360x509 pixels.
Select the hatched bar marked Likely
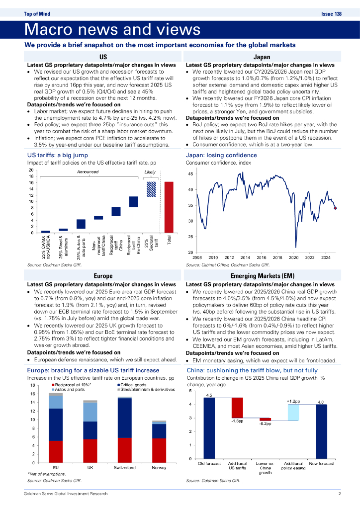(150, 190)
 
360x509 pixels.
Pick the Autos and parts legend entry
(68, 389)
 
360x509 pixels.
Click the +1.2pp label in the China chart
(293, 400)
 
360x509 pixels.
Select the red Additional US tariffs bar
(237, 408)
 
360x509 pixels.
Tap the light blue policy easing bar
(293, 412)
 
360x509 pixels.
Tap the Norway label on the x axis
(159, 468)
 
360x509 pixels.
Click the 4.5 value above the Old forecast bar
(209, 395)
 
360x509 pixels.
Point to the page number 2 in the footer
(339, 494)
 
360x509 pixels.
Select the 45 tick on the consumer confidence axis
(191, 174)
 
